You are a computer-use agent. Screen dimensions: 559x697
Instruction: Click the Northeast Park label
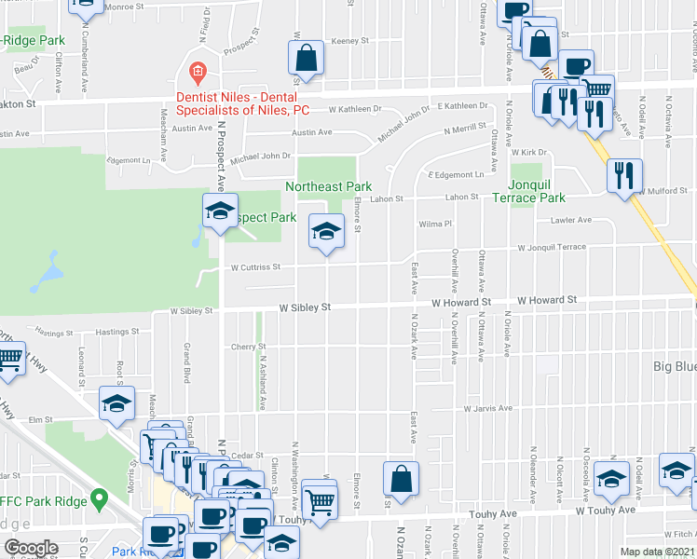[328, 186]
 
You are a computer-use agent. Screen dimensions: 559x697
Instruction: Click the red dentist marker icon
[197, 71]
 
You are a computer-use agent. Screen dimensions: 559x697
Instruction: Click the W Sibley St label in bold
[306, 307]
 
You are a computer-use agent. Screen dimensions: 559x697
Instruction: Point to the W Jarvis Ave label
[488, 408]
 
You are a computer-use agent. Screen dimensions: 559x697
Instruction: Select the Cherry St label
[249, 347]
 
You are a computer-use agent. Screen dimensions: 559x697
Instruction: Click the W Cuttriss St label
[255, 267]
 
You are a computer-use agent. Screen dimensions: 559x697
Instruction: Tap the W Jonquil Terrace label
[552, 248]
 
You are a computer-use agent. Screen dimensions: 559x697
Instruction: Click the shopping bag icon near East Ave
[400, 479]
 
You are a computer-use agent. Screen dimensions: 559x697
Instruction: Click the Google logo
[31, 548]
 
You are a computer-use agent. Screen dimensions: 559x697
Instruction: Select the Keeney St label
[350, 41]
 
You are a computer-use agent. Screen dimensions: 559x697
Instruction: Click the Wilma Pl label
[434, 225]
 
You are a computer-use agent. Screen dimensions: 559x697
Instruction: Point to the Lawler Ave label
[570, 221]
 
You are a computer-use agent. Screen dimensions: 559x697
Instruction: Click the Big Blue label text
[673, 367]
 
